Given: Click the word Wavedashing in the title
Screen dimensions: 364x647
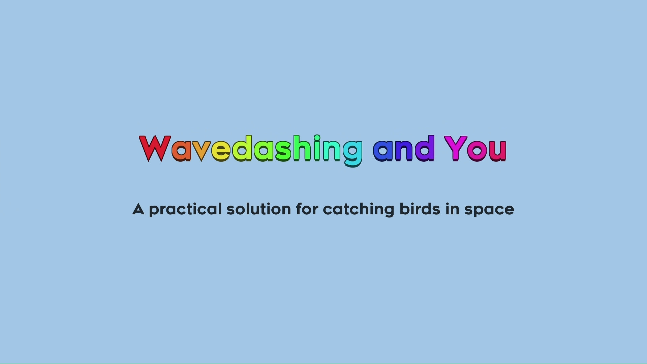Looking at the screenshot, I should [x=251, y=149].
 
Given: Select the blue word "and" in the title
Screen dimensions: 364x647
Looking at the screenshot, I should [x=403, y=149].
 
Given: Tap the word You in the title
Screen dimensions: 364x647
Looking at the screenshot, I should [x=475, y=149].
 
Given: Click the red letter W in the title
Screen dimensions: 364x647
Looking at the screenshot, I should [x=155, y=148].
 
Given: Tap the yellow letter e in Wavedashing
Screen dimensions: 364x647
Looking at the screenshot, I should [x=221, y=151].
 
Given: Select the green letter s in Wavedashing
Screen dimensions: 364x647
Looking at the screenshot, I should [x=283, y=151].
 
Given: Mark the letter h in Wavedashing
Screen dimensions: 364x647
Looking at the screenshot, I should [x=302, y=148].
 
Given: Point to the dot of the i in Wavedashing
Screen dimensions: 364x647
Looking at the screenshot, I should [x=317, y=138].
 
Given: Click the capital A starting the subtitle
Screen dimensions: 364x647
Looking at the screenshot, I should [x=138, y=209].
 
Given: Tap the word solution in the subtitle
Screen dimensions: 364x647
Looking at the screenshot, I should [x=258, y=209].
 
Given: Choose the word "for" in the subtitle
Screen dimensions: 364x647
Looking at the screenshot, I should [x=307, y=209].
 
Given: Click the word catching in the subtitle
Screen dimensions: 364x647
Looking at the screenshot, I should [x=358, y=209].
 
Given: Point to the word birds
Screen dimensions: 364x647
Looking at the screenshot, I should [x=420, y=209].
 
